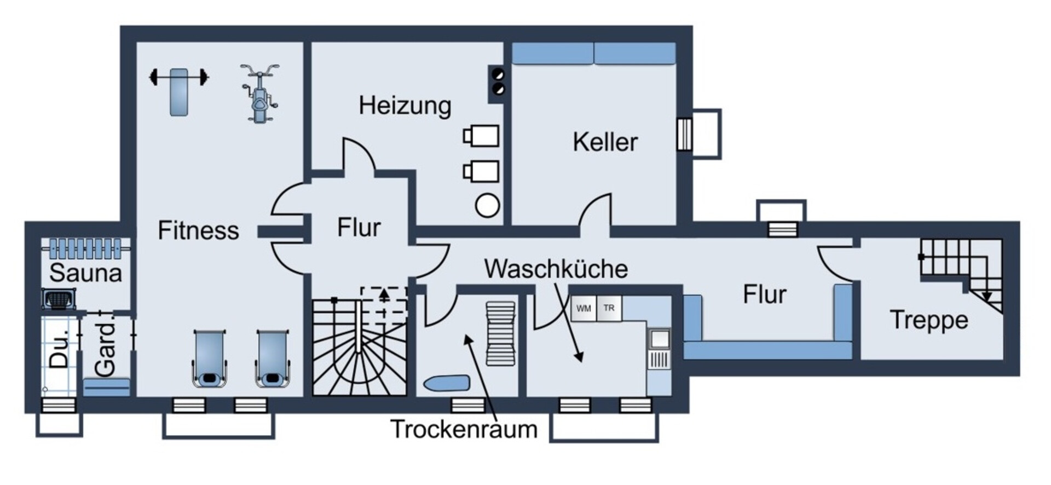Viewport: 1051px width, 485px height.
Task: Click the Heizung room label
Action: (x=405, y=105)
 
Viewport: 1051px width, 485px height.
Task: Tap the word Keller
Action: (x=605, y=142)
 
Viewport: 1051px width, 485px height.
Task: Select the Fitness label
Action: (x=198, y=230)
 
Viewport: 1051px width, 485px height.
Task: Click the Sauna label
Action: (x=85, y=273)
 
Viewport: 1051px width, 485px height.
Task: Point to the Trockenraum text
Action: (x=464, y=429)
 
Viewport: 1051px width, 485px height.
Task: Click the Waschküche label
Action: (x=556, y=269)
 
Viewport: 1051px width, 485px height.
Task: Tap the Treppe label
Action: (x=928, y=320)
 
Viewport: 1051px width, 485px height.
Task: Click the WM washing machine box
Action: (x=584, y=309)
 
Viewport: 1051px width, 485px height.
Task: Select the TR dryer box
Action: (x=609, y=309)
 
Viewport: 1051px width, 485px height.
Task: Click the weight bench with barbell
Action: (x=179, y=90)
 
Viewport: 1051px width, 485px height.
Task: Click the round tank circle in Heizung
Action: (x=487, y=206)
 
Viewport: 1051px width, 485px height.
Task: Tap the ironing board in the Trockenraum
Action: (x=447, y=383)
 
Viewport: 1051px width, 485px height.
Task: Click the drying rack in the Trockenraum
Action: (x=500, y=333)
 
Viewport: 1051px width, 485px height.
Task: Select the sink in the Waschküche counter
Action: (x=659, y=339)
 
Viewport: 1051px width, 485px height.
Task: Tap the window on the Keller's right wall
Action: (x=684, y=134)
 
